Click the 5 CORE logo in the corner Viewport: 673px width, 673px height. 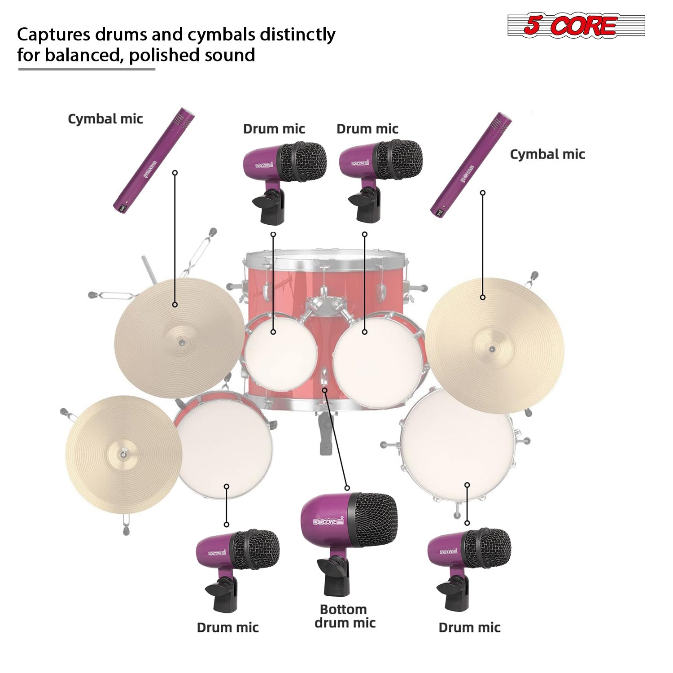576,25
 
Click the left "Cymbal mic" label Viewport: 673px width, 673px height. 105,119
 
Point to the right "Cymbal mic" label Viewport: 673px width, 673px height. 547,154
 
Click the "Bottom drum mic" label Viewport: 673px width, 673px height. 345,616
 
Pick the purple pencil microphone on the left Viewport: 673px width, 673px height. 153,160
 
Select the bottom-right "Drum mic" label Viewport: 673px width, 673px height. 469,628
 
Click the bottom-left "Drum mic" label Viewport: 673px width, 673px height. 227,628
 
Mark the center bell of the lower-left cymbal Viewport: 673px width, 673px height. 122,454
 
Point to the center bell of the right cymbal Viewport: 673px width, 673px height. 492,349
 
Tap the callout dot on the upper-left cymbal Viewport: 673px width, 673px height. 175,305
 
